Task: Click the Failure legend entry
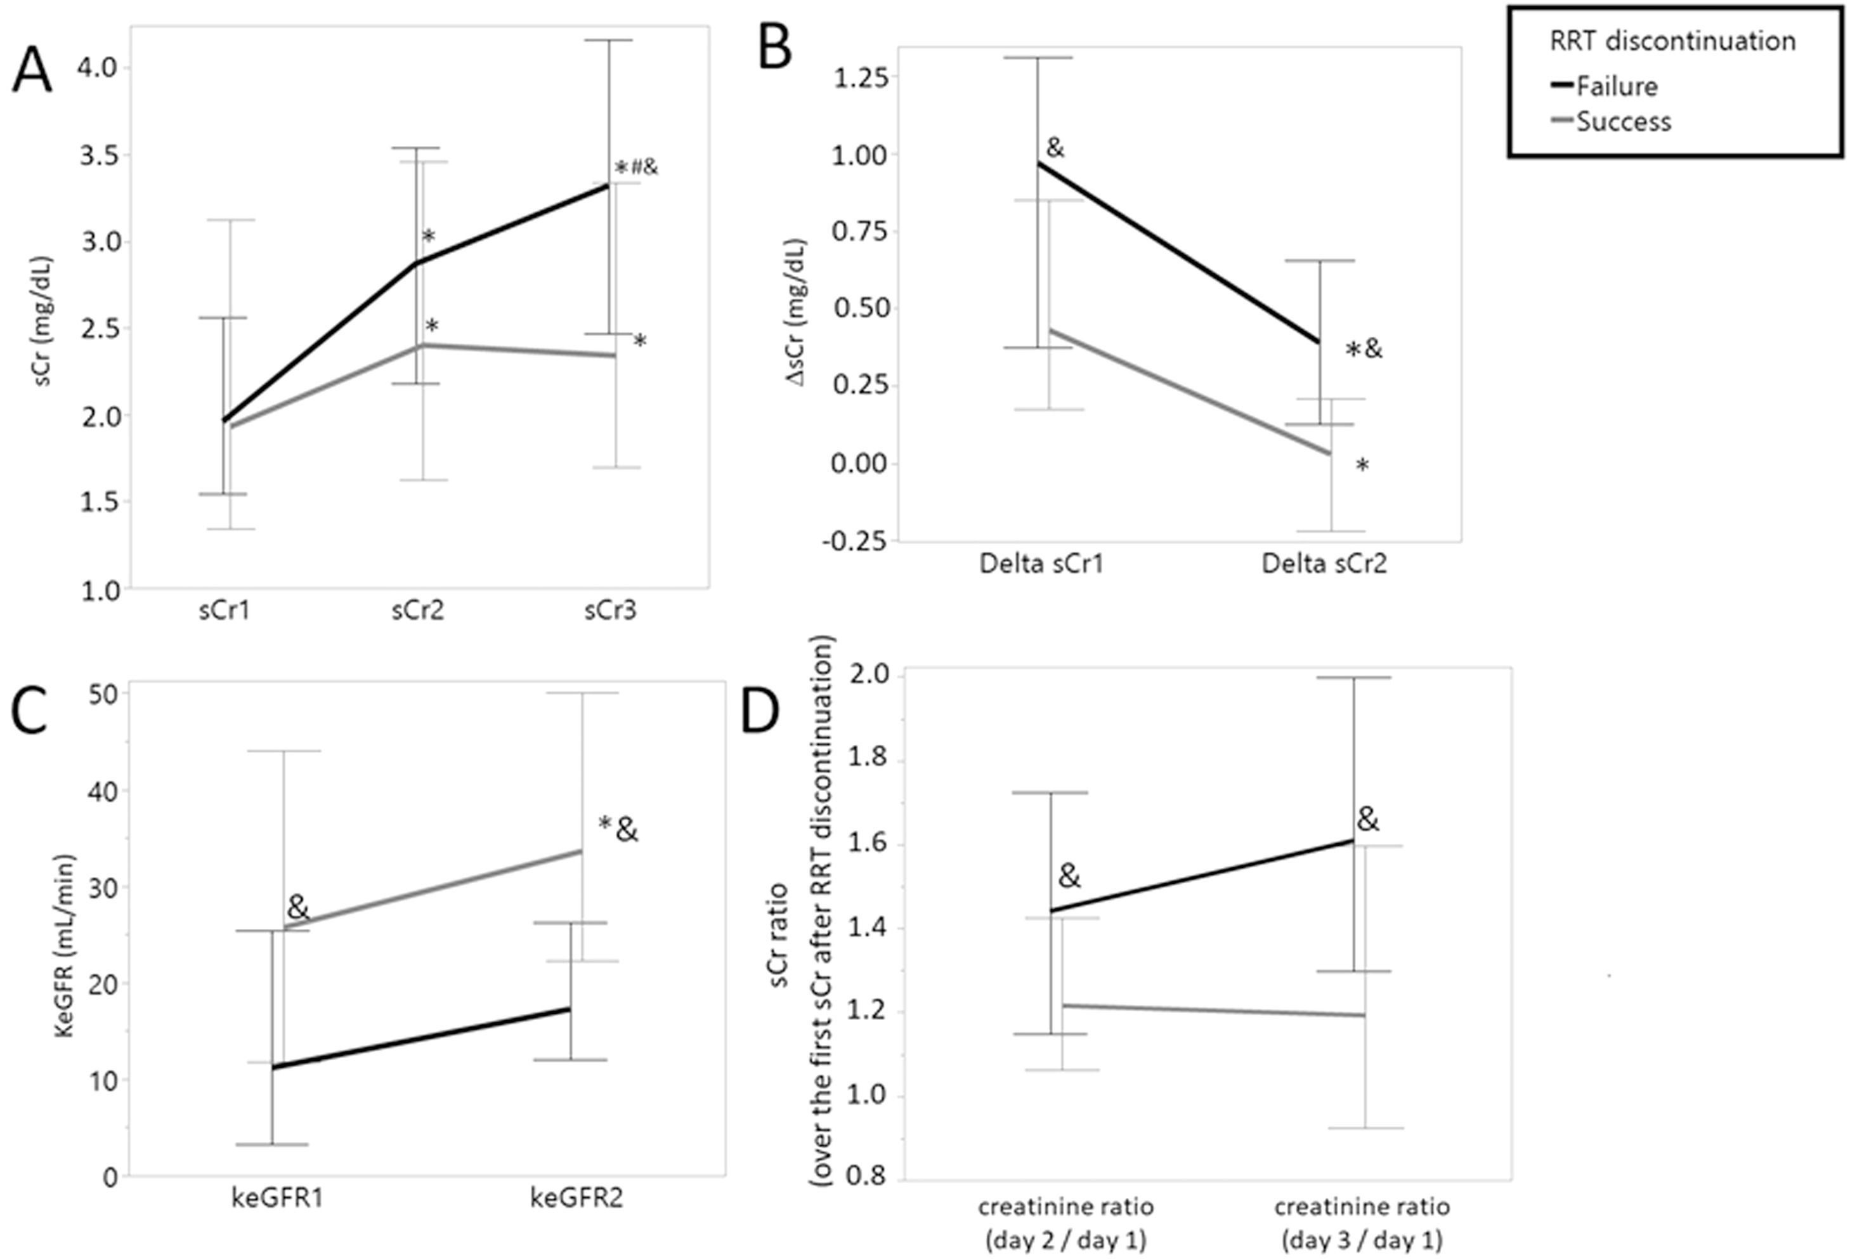pyautogui.click(x=1616, y=86)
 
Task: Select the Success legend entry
pyautogui.click(x=1623, y=122)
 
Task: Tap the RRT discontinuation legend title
pyautogui.click(x=1672, y=41)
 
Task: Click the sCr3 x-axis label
pyautogui.click(x=611, y=611)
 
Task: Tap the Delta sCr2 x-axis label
pyautogui.click(x=1324, y=564)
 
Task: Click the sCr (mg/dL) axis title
pyautogui.click(x=44, y=321)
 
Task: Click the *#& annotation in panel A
pyautogui.click(x=637, y=169)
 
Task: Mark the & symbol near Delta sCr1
pyautogui.click(x=1055, y=148)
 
